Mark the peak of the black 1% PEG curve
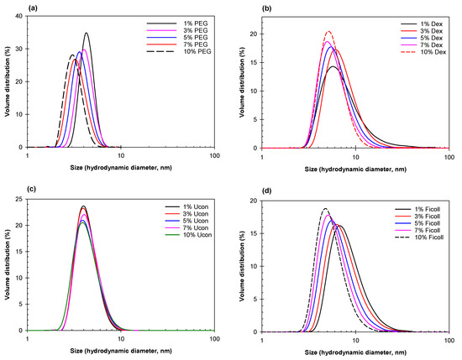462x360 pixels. point(87,34)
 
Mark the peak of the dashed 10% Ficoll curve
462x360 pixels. point(326,209)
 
